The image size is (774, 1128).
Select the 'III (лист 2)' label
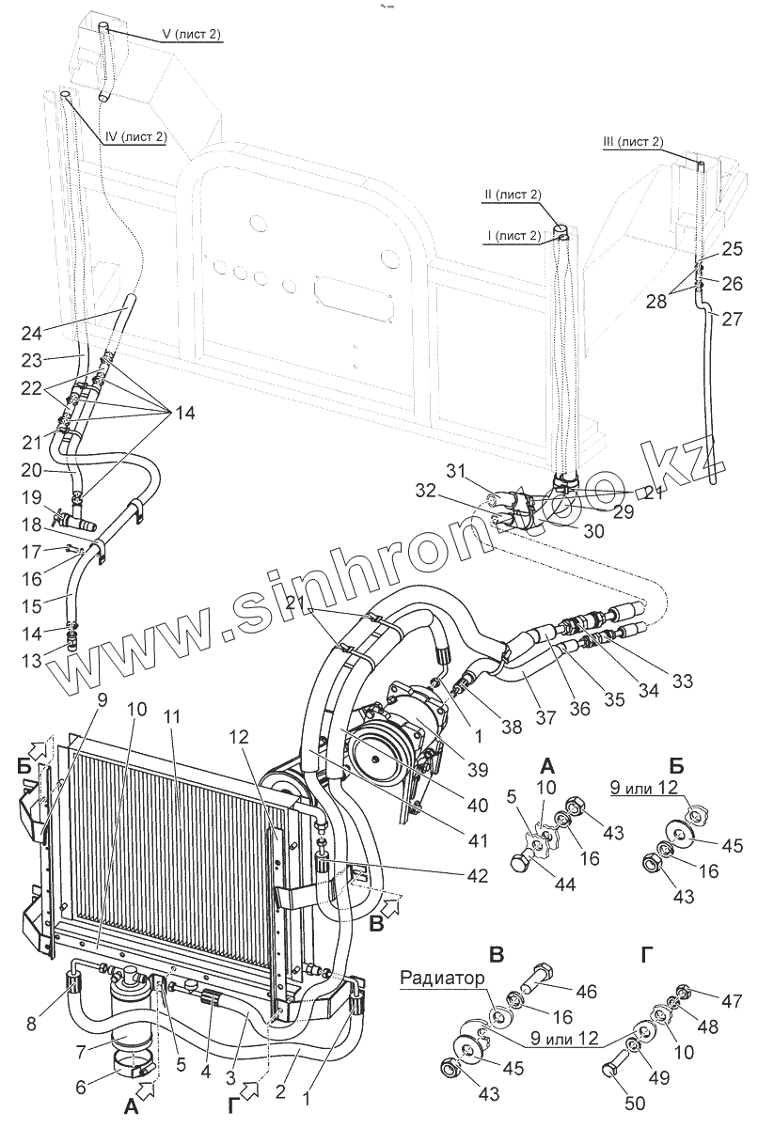click(632, 142)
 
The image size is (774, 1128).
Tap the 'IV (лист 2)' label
click(135, 136)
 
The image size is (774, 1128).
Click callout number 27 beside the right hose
click(732, 319)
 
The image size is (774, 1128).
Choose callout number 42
click(477, 876)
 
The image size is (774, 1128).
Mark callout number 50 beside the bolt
click(637, 1105)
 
